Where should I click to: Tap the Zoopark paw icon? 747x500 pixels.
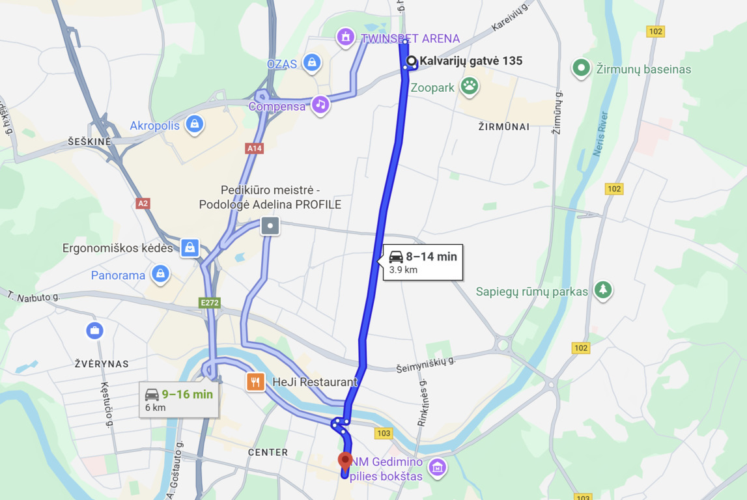(469, 85)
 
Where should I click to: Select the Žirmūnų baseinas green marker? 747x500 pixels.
(580, 68)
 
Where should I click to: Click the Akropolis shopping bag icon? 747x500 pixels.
(194, 124)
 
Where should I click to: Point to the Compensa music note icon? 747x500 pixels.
(320, 104)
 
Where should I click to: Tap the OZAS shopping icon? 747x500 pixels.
(312, 63)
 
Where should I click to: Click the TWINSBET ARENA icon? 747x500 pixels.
(345, 37)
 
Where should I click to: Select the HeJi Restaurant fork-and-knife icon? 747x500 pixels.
(255, 382)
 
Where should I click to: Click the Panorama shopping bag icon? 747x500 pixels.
(160, 274)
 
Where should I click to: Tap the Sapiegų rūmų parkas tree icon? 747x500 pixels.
(603, 290)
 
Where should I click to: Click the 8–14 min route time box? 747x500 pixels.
(423, 262)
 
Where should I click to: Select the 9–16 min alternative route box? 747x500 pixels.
(179, 400)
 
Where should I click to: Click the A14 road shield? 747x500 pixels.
(254, 148)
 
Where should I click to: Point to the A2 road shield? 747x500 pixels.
(143, 203)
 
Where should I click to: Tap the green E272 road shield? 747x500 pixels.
(210, 303)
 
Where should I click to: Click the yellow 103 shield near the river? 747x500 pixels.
(384, 433)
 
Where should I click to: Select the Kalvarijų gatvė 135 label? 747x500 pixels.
(470, 61)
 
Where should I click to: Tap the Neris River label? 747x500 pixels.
(600, 134)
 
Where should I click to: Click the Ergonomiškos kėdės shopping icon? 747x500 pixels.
(190, 247)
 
